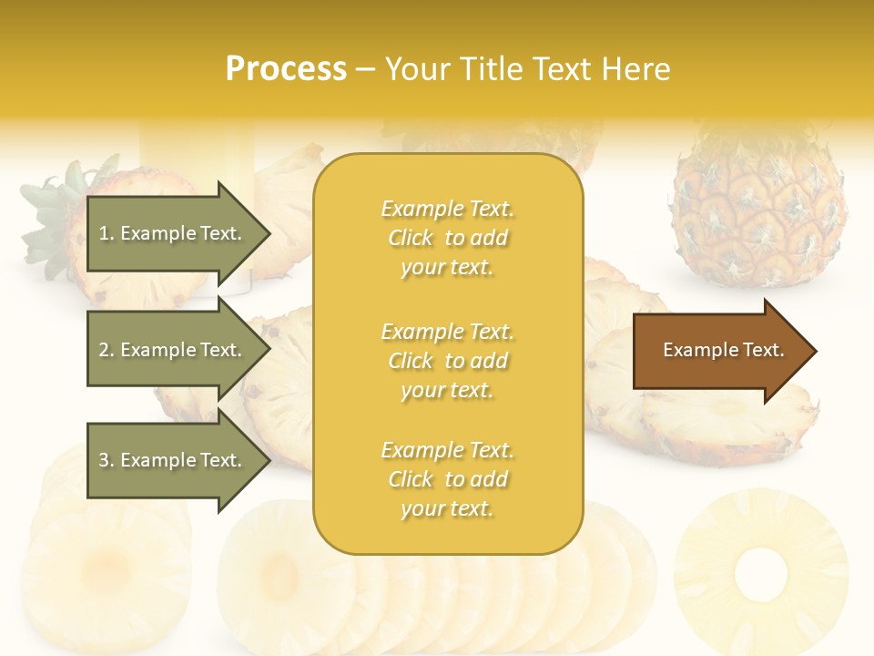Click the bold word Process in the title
click(286, 69)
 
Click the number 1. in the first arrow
click(107, 234)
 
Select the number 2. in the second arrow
click(107, 351)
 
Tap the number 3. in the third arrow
click(107, 461)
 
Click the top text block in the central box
click(447, 238)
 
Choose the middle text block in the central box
click(447, 361)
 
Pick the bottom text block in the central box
click(447, 479)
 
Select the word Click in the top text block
click(411, 239)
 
